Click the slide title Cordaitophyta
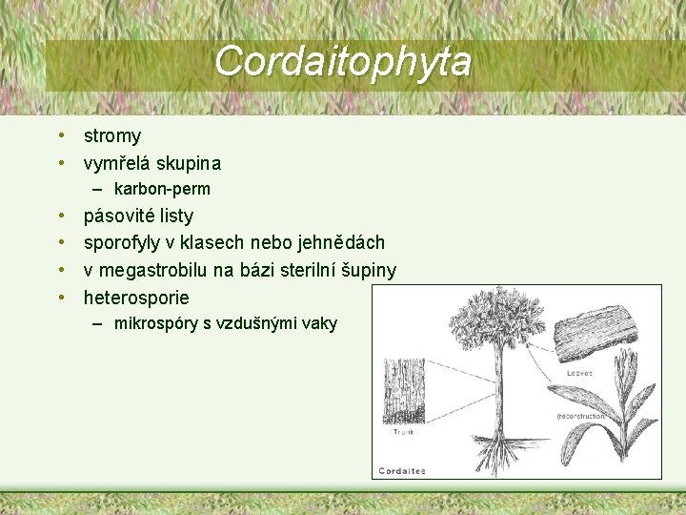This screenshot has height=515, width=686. pyautogui.click(x=342, y=61)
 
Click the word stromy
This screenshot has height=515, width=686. pyautogui.click(x=112, y=136)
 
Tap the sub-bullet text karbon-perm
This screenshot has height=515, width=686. pyautogui.click(x=162, y=189)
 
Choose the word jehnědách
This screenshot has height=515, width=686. pyautogui.click(x=338, y=243)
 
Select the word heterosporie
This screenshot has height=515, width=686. pyautogui.click(x=136, y=298)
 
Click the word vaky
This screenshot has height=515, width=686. pyautogui.click(x=318, y=323)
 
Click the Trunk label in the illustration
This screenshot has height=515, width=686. pyautogui.click(x=403, y=432)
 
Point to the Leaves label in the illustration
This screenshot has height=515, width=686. pyautogui.click(x=577, y=373)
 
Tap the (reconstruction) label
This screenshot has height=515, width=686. pyautogui.click(x=581, y=417)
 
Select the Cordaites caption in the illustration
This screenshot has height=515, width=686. pyautogui.click(x=402, y=470)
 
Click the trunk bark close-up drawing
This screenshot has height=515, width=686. pyautogui.click(x=399, y=392)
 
